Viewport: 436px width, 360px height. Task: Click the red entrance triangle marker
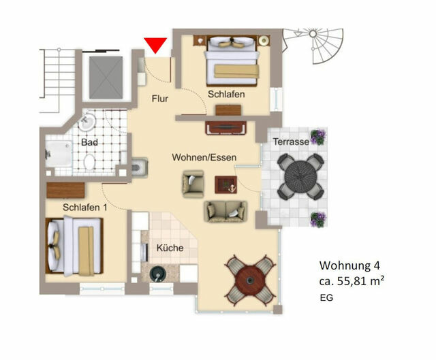coord(156,46)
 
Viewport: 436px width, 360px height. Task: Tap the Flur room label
coord(159,99)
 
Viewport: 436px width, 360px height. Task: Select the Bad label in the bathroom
coord(89,143)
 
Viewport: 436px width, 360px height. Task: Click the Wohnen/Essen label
coord(204,158)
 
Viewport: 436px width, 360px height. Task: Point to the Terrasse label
coord(290,142)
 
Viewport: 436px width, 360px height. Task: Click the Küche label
coord(170,248)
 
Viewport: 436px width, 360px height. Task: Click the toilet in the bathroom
coord(89,162)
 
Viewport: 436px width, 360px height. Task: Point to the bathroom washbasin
coord(86,122)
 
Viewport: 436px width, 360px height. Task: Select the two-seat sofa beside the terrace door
coord(225,212)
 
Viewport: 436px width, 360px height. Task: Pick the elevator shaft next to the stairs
coord(106,72)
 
